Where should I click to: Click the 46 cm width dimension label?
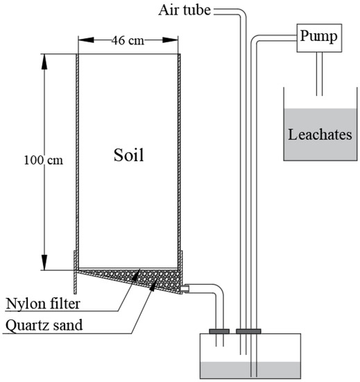128,40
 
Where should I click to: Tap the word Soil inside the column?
128,155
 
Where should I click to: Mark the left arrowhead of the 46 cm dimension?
80,40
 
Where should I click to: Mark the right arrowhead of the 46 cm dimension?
177,40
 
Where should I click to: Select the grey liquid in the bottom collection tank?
250,370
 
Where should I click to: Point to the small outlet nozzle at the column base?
185,285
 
